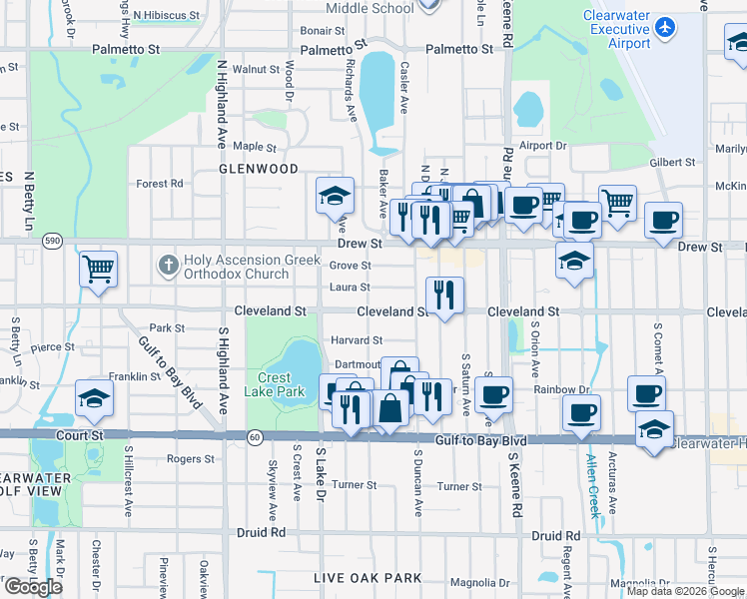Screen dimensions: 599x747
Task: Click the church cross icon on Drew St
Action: [x=167, y=267]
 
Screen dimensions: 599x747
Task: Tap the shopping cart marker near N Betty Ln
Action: [x=98, y=269]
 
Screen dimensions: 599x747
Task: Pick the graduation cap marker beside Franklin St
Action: [x=94, y=398]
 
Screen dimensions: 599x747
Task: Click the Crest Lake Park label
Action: [x=275, y=385]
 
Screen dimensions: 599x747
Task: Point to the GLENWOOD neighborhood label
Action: [x=259, y=170]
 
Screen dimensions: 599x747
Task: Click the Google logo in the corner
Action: [x=33, y=587]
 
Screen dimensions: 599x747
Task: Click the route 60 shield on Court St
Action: [x=255, y=437]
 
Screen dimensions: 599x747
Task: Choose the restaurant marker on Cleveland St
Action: [x=443, y=295]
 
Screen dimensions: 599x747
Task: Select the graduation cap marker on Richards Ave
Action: [x=335, y=196]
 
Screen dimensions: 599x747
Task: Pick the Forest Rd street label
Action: [x=160, y=184]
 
